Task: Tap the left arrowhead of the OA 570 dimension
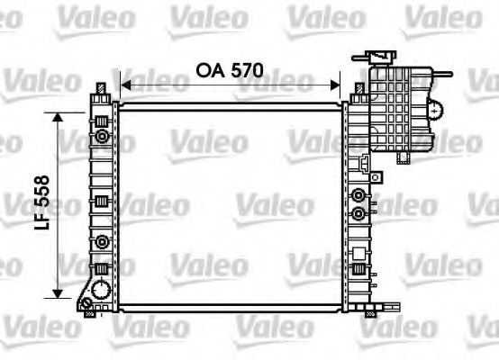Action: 124,85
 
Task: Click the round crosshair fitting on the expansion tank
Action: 437,111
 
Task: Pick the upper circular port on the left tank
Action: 103,137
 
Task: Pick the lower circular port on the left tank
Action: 103,241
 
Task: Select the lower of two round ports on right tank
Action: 359,213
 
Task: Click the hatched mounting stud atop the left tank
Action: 102,88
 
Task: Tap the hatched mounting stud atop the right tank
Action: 354,88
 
